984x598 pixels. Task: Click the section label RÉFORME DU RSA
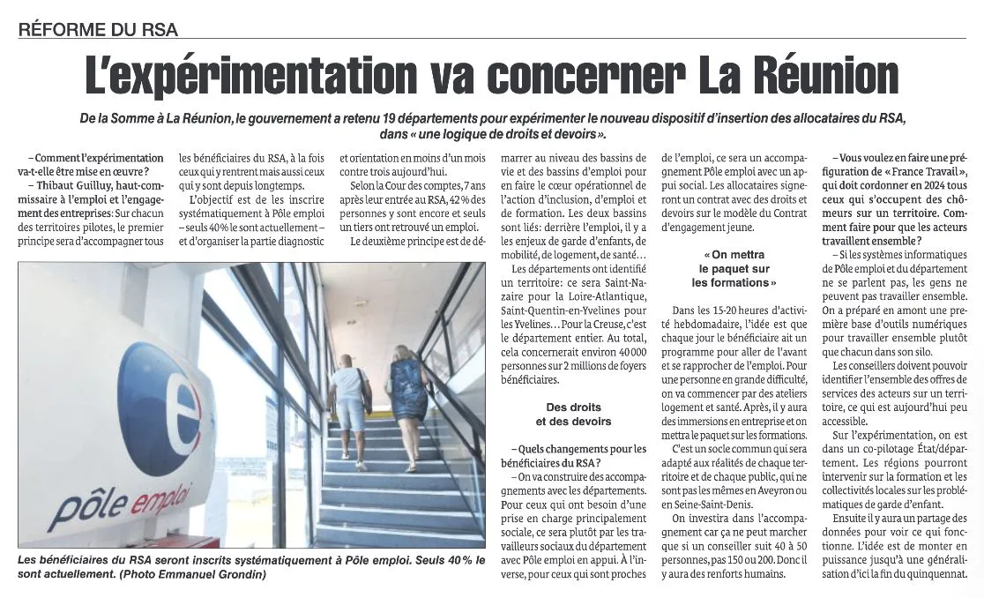click(x=98, y=29)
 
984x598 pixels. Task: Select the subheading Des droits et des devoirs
click(x=572, y=415)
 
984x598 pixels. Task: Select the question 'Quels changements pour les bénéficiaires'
click(x=573, y=455)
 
